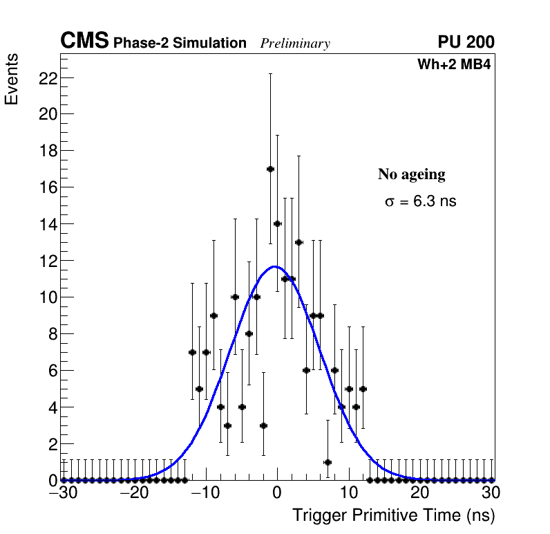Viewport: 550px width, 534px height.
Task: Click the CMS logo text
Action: pyautogui.click(x=84, y=42)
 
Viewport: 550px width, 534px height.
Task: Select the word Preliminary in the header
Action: pyautogui.click(x=295, y=44)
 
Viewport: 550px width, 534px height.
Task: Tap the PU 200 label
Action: pyautogui.click(x=466, y=42)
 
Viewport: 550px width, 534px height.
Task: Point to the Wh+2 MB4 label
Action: pyautogui.click(x=453, y=65)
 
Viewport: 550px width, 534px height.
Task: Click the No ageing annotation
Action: pyautogui.click(x=411, y=174)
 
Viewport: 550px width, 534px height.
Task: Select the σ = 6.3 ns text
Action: pyautogui.click(x=420, y=202)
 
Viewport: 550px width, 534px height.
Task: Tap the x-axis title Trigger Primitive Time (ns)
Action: pyautogui.click(x=393, y=515)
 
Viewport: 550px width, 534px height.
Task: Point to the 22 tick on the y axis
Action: pyautogui.click(x=46, y=77)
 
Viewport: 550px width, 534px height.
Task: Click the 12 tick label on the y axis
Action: pyautogui.click(x=46, y=261)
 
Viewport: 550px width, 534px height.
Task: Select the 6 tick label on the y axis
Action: pyautogui.click(x=50, y=370)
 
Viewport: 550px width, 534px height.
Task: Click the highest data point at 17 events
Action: pyautogui.click(x=270, y=169)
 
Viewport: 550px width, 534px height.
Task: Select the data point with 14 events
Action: pyautogui.click(x=277, y=223)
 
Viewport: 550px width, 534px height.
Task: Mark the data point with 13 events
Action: pyautogui.click(x=298, y=242)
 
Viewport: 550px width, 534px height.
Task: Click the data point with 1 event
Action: pyautogui.click(x=328, y=462)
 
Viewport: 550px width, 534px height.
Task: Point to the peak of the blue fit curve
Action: pyautogui.click(x=275, y=266)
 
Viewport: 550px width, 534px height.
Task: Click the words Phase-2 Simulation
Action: pyautogui.click(x=180, y=44)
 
